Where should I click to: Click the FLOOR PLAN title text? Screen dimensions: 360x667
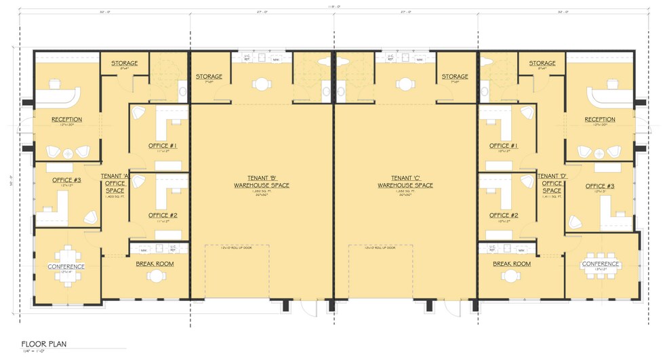(x=43, y=344)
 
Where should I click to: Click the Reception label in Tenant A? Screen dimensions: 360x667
(x=66, y=120)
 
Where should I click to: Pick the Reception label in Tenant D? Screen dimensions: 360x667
(x=599, y=120)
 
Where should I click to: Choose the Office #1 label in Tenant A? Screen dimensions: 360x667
(x=163, y=146)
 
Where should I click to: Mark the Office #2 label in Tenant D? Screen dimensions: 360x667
(x=504, y=215)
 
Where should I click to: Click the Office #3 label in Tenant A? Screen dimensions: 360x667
(x=66, y=180)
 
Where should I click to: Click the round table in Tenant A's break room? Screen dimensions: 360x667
(x=157, y=275)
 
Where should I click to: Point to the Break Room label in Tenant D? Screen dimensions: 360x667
(x=512, y=264)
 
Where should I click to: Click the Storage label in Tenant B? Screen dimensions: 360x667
(x=209, y=77)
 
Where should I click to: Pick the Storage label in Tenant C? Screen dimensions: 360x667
(x=454, y=77)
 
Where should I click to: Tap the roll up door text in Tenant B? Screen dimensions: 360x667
(x=237, y=247)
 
